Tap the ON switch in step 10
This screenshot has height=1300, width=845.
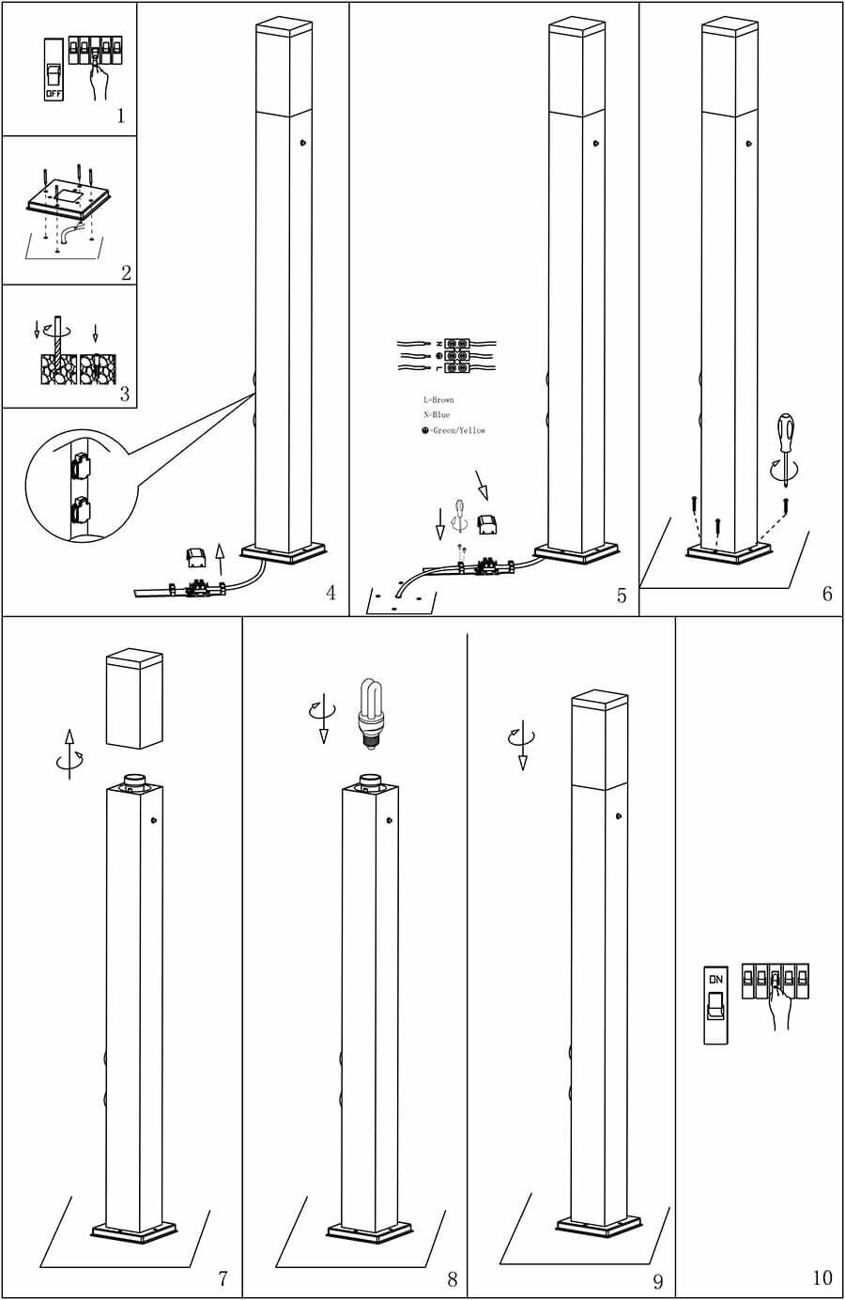point(716,1004)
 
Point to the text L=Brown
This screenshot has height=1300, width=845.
point(438,400)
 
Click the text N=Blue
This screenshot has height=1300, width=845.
point(437,415)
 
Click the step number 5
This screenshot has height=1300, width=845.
point(621,596)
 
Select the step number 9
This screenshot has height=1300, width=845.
point(657,1280)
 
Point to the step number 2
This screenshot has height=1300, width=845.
point(126,273)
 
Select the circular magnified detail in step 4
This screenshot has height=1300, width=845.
point(80,491)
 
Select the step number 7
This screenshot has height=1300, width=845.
point(223,1278)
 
